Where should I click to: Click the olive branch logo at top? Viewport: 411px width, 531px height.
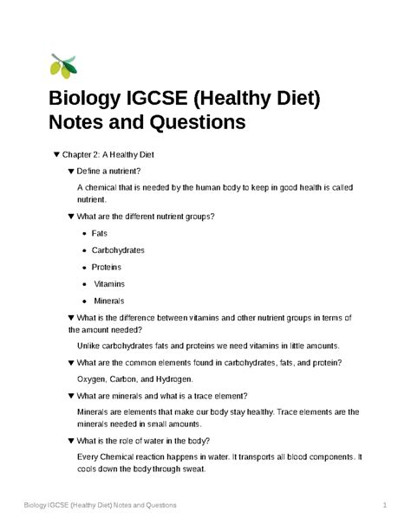(63, 64)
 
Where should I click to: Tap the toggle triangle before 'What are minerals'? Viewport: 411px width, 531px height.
(69, 395)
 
